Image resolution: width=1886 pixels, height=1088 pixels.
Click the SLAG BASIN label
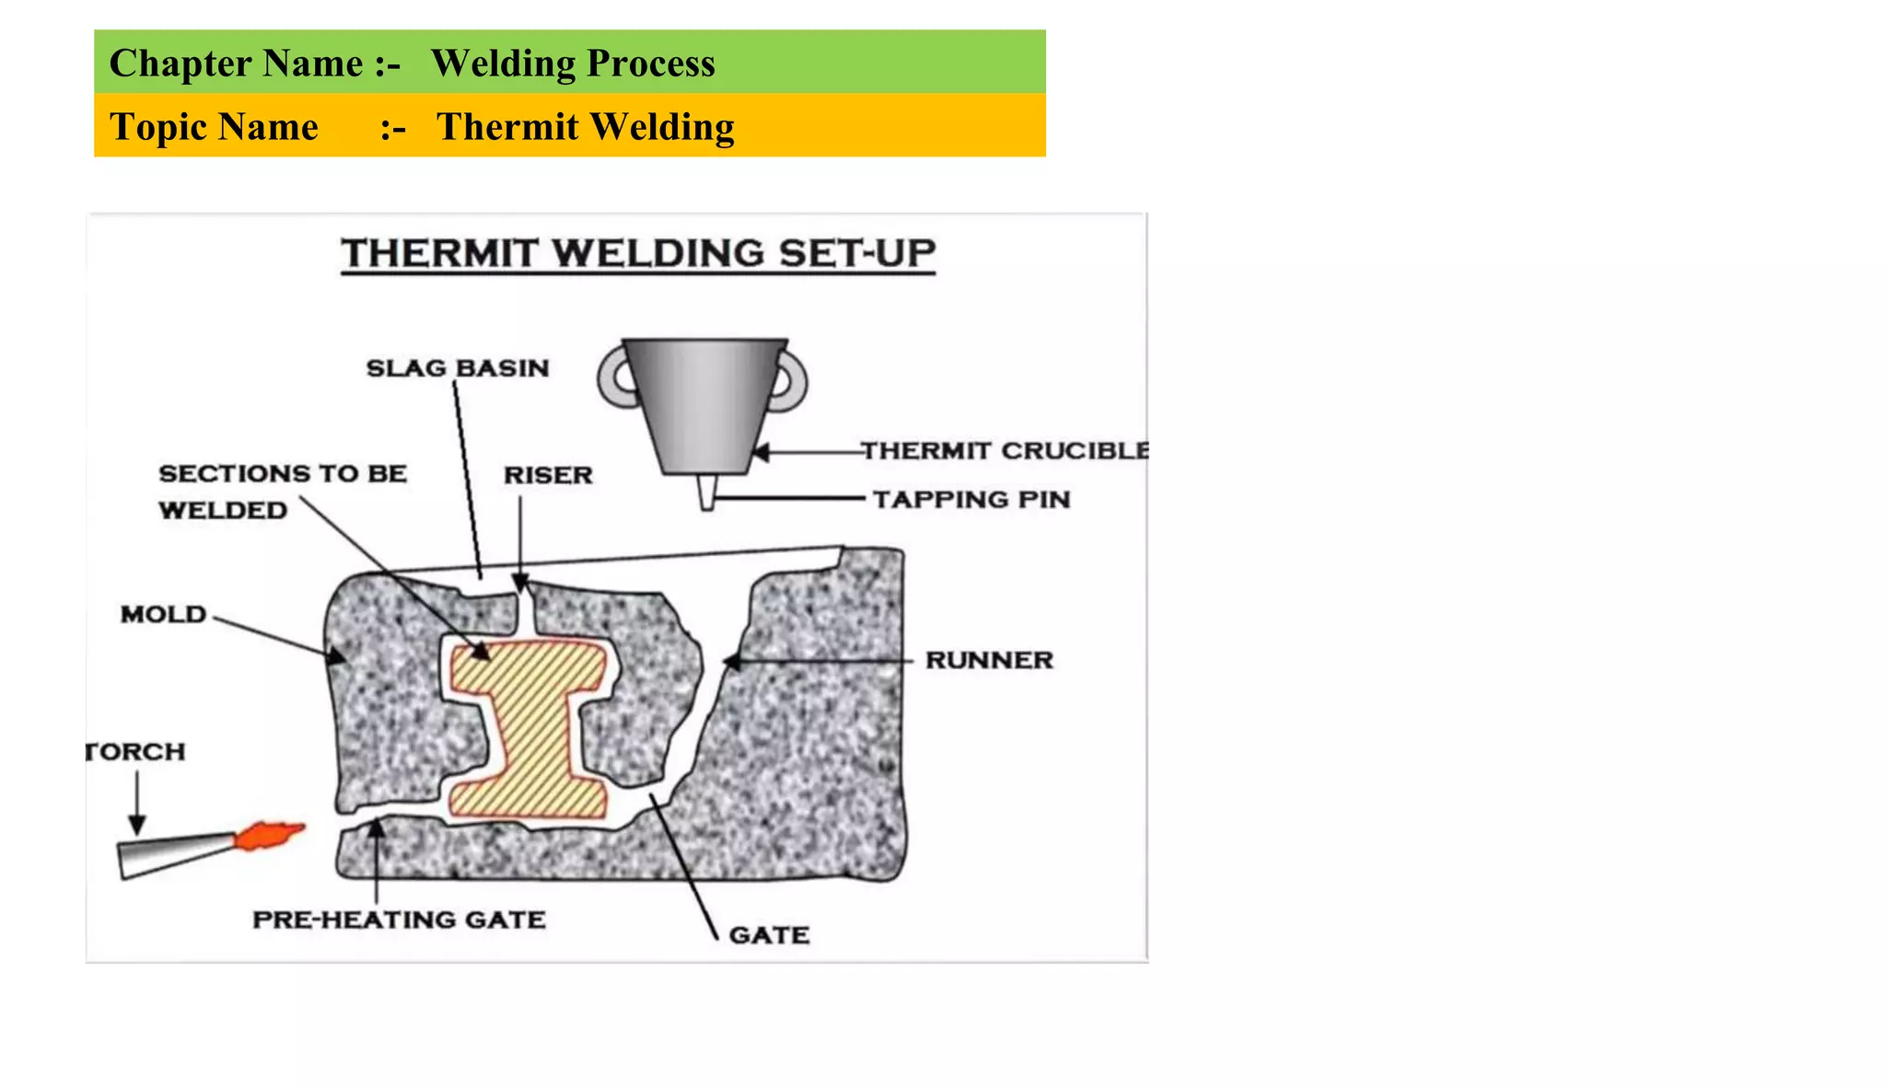pyautogui.click(x=458, y=368)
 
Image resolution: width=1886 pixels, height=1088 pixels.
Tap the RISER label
pyautogui.click(x=548, y=476)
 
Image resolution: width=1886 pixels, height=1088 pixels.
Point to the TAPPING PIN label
pyautogui.click(x=972, y=500)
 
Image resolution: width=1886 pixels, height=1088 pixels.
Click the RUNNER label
pyautogui.click(x=989, y=661)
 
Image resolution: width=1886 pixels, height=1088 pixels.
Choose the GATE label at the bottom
pyautogui.click(x=769, y=935)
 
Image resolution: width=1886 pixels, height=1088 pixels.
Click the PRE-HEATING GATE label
pyautogui.click(x=399, y=920)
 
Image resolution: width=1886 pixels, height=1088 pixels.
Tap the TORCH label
pyautogui.click(x=136, y=752)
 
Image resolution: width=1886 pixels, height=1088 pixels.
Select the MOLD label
pyautogui.click(x=163, y=615)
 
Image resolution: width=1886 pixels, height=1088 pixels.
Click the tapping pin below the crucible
pyautogui.click(x=706, y=492)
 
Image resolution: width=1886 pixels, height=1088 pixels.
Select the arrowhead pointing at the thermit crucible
pyautogui.click(x=761, y=452)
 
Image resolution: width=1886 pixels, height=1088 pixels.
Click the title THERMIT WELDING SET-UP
pyautogui.click(x=638, y=253)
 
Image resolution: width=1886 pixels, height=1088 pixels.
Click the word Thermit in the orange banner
pyautogui.click(x=507, y=127)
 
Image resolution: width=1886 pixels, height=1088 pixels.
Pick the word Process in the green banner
pyautogui.click(x=651, y=64)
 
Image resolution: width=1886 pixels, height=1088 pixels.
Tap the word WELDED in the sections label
pyautogui.click(x=223, y=511)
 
